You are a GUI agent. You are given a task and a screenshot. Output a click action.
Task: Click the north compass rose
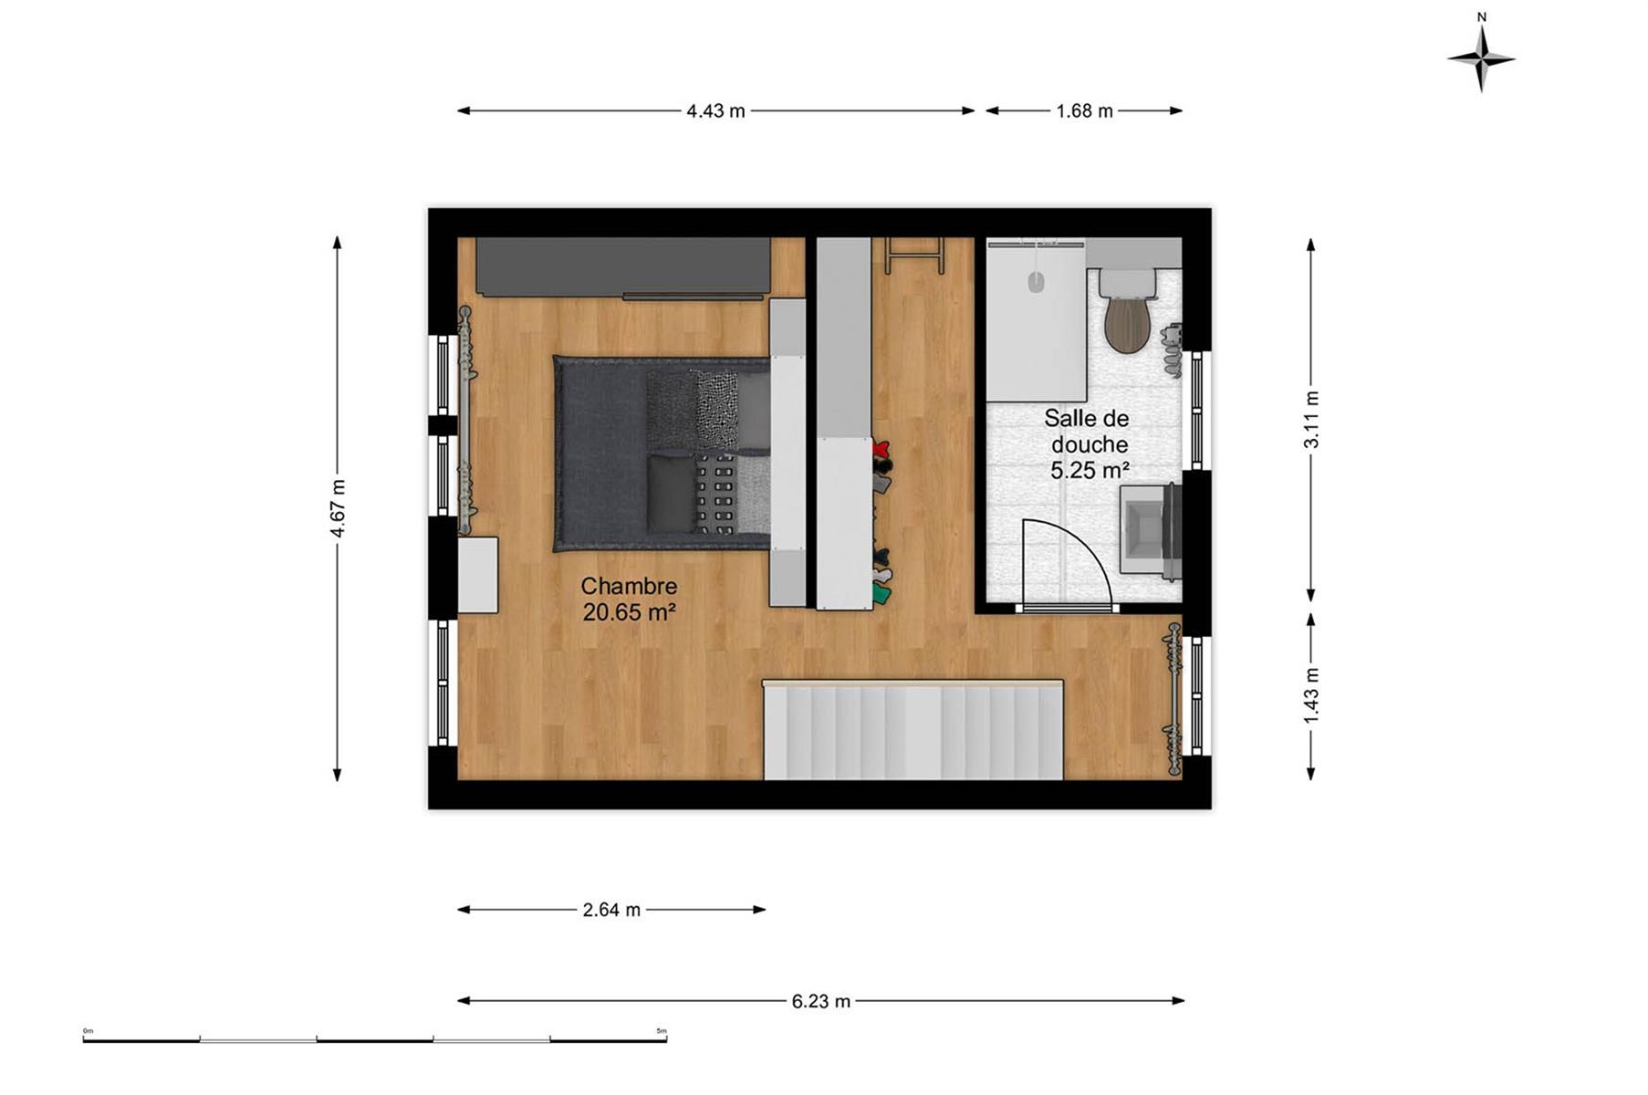coord(1481,58)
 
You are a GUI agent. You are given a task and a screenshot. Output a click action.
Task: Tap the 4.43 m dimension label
coord(715,111)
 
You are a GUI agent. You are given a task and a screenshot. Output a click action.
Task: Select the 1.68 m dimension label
coord(1084,111)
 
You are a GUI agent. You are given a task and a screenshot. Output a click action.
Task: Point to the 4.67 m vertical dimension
coord(338,508)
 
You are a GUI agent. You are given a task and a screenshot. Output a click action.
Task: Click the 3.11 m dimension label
coord(1311,420)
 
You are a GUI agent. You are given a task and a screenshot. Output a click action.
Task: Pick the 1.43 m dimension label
coord(1311,695)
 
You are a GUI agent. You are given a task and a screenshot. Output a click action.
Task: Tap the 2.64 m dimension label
coord(611,910)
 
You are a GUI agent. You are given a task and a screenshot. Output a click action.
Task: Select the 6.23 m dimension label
coord(820,1001)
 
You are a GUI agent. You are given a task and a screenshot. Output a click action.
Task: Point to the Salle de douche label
coord(1087,443)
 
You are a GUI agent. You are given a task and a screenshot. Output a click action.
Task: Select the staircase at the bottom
coord(913,730)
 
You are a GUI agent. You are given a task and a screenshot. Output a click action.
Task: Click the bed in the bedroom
coord(662,454)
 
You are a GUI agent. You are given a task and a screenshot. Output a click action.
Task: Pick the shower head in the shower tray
coord(1036,282)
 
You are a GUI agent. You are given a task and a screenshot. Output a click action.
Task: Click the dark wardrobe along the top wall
coord(623,267)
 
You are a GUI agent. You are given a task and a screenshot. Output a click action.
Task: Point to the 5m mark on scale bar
coord(662,1032)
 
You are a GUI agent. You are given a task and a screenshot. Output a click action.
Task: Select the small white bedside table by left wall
coord(477,575)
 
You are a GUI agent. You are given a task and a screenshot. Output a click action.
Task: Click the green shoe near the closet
coord(881,595)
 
